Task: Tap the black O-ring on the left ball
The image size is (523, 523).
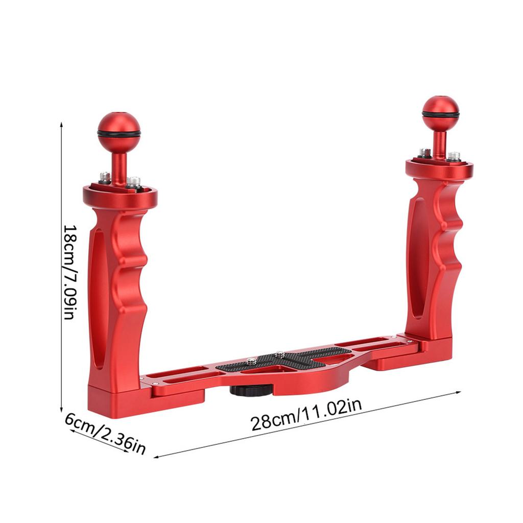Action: click(x=119, y=134)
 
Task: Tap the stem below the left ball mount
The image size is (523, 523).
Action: click(x=119, y=166)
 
